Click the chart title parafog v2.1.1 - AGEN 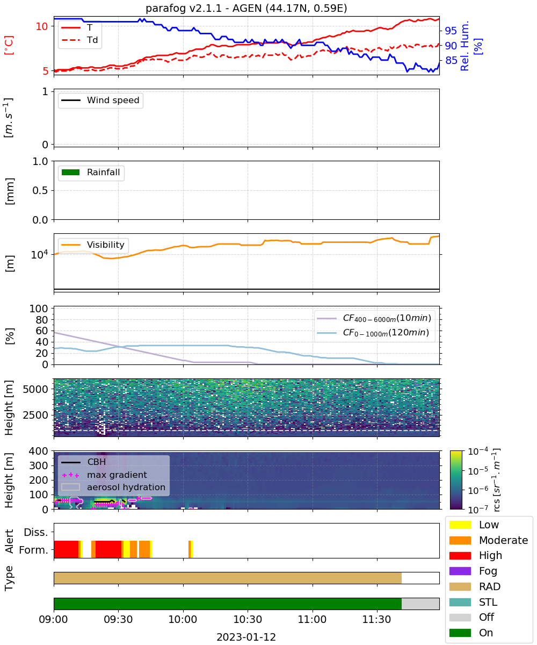click(246, 9)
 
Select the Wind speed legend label click(113, 100)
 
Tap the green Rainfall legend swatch click(71, 172)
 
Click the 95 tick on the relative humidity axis click(451, 31)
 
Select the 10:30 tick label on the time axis click(248, 619)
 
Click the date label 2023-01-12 click(246, 637)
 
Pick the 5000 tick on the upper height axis click(35, 389)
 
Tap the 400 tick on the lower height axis click(38, 451)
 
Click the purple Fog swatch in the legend click(460, 571)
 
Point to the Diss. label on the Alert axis click(36, 532)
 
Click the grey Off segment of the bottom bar click(420, 604)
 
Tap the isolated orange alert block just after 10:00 click(190, 549)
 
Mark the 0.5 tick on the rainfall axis click(40, 190)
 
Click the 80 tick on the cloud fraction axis click(42, 320)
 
